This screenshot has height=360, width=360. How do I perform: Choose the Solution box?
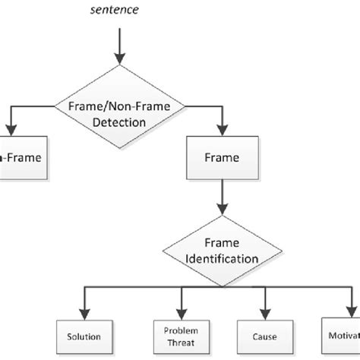(x=81, y=336)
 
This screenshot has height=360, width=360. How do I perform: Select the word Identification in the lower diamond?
(x=221, y=259)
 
